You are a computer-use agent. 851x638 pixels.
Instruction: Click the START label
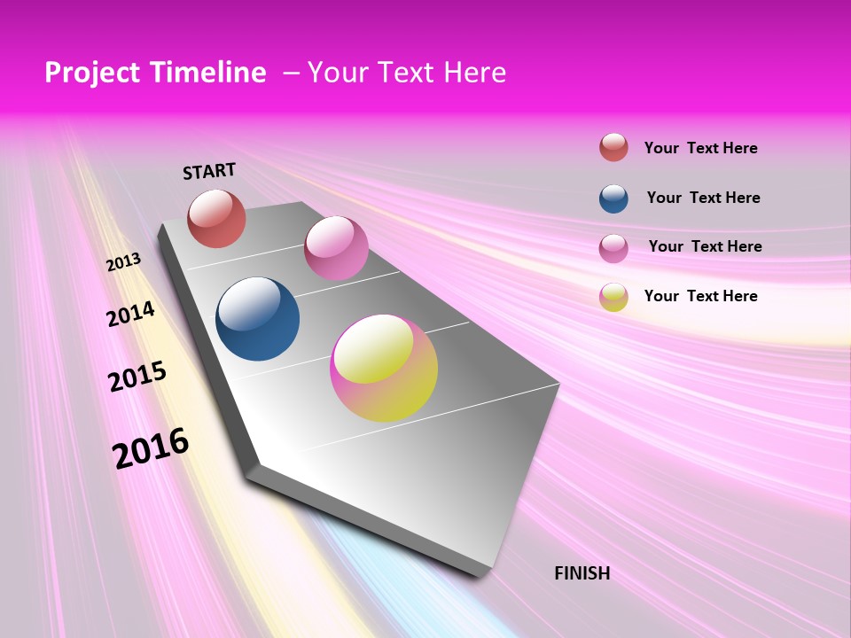coord(209,171)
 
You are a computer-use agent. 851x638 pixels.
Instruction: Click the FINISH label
coord(582,573)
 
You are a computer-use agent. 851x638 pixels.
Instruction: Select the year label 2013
coord(124,261)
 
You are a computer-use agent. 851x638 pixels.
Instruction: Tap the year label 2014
coord(131,314)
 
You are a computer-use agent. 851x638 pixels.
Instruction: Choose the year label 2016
coord(151,447)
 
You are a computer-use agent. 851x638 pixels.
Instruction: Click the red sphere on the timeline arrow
coord(216,218)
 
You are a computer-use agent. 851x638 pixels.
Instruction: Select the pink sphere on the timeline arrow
coord(336,248)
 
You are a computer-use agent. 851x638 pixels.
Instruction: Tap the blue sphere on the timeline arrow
coord(258,319)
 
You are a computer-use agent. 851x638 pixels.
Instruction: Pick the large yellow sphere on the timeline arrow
coord(384,368)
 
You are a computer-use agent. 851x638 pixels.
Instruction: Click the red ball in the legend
coord(613,147)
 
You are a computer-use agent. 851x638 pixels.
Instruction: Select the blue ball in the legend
coord(613,198)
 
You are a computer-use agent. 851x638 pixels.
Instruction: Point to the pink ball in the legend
coord(613,248)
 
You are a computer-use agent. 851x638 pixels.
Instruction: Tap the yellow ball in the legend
coord(613,297)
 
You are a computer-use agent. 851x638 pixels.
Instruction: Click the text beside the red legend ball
coord(700,149)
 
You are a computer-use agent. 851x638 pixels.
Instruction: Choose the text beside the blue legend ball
coord(703,198)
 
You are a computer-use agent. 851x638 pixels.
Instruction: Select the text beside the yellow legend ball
coord(700,296)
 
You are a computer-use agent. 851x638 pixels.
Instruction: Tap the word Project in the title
coord(90,73)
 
